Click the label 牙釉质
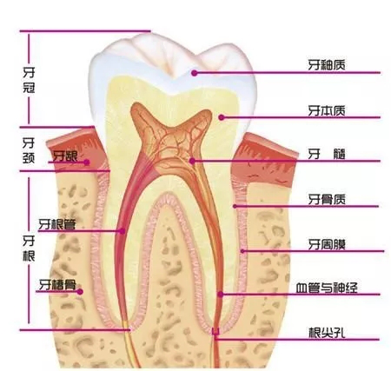click(x=327, y=65)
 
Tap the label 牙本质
click(x=327, y=110)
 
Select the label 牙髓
click(x=327, y=155)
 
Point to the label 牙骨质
click(x=327, y=200)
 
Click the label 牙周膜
click(x=327, y=245)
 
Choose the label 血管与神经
click(x=327, y=288)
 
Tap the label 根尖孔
click(x=327, y=333)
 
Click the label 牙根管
click(x=57, y=224)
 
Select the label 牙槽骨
click(x=57, y=285)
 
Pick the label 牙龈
click(x=65, y=156)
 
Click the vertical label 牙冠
click(x=29, y=80)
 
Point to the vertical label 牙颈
click(x=29, y=150)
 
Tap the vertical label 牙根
click(x=29, y=248)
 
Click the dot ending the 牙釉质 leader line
click(x=195, y=73)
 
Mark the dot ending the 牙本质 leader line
click(x=222, y=117)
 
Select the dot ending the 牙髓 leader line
click(x=192, y=161)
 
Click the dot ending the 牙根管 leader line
click(x=123, y=231)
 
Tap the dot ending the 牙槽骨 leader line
click(x=80, y=292)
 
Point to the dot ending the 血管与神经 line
click(x=221, y=295)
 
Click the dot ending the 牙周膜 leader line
click(x=243, y=251)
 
